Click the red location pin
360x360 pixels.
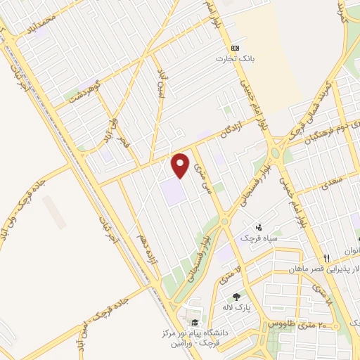pyautogui.click(x=181, y=164)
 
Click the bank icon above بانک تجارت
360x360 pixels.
pyautogui.click(x=235, y=48)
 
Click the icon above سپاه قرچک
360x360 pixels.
pyautogui.click(x=259, y=226)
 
